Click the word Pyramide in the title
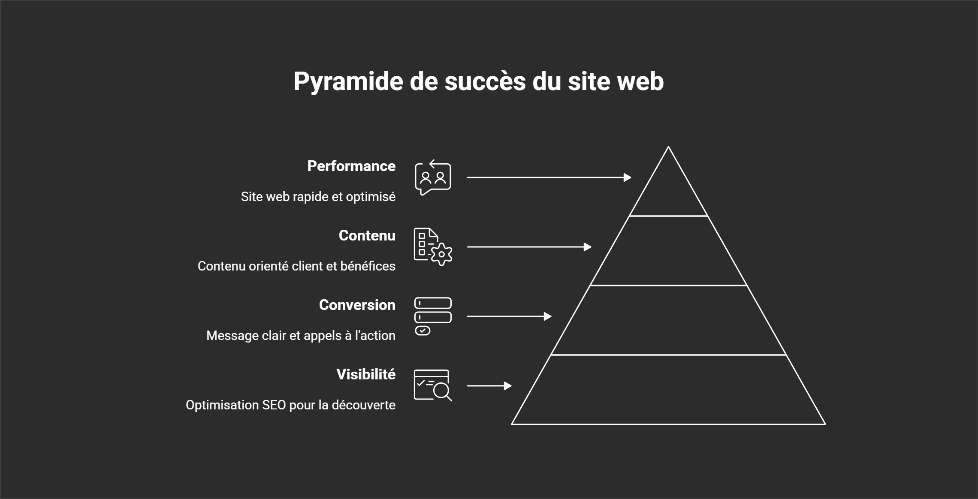coord(348,81)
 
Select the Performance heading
coord(351,166)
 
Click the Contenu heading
coord(367,235)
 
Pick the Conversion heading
coord(357,305)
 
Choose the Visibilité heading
coord(365,374)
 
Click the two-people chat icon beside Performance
coord(433,177)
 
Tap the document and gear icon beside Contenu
coord(433,247)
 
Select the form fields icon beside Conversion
coord(433,316)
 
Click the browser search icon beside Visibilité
coord(433,385)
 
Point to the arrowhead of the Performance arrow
coord(628,177)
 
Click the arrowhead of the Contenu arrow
coord(588,247)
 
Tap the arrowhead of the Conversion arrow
coord(548,316)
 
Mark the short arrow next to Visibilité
coord(489,386)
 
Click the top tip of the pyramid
coord(668,148)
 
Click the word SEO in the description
coord(274,405)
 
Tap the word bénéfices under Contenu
coord(368,266)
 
